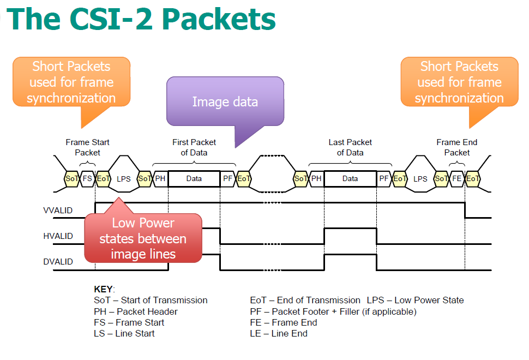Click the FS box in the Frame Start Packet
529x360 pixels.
(x=87, y=178)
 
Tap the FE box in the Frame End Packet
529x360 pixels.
(x=457, y=178)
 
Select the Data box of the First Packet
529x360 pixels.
(x=194, y=178)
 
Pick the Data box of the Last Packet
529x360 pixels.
(x=350, y=178)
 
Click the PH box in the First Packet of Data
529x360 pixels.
(x=160, y=178)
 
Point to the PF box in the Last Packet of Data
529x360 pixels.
(x=384, y=178)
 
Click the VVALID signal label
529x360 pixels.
(x=58, y=211)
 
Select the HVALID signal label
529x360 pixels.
(x=58, y=236)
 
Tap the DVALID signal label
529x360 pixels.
(x=58, y=262)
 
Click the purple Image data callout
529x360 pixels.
(x=225, y=102)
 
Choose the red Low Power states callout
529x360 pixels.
(x=143, y=238)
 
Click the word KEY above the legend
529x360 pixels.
(x=104, y=289)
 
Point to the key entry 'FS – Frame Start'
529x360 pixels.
(x=129, y=322)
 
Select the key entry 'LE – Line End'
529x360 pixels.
(x=279, y=333)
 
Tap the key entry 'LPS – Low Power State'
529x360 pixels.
(x=415, y=300)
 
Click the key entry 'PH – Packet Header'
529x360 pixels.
(x=136, y=311)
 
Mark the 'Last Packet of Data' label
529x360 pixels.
(x=350, y=147)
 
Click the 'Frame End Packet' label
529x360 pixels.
(x=456, y=147)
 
